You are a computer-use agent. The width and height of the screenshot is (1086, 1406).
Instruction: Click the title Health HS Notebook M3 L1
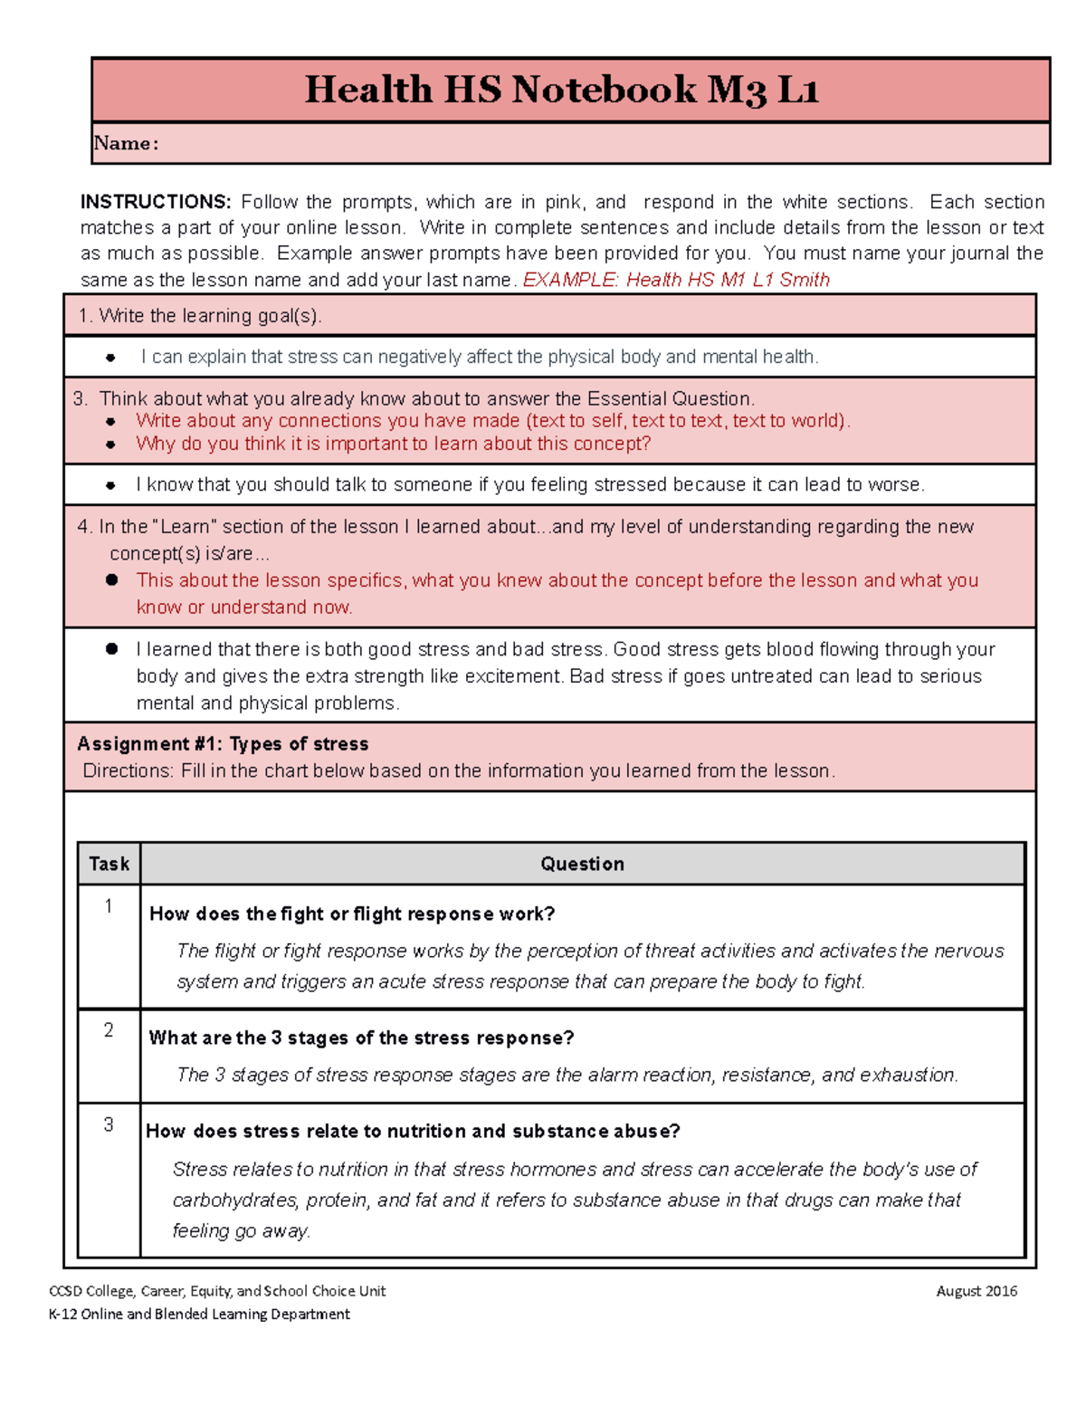[561, 90]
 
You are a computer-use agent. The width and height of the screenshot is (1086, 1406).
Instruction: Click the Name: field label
[126, 143]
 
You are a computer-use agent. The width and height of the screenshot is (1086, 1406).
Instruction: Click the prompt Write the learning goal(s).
[200, 316]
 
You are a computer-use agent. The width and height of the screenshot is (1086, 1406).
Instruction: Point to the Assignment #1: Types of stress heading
[223, 744]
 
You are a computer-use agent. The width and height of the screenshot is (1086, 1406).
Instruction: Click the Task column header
[109, 864]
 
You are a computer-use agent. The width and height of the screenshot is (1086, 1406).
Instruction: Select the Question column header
[582, 864]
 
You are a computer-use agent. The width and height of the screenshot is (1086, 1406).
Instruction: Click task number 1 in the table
[109, 906]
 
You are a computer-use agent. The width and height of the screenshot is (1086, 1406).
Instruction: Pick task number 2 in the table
[109, 1030]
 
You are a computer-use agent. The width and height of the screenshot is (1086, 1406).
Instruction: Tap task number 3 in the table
[109, 1124]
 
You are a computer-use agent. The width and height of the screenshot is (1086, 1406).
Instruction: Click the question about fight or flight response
[352, 914]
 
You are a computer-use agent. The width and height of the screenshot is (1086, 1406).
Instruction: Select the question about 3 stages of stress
[361, 1038]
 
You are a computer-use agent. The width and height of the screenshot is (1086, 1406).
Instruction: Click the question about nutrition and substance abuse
[413, 1132]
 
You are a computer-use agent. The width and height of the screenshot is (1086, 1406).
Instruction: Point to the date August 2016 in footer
[976, 1291]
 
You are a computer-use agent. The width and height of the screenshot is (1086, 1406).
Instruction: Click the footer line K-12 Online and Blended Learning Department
[199, 1315]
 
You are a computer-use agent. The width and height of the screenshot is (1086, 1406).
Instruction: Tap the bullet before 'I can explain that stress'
[110, 358]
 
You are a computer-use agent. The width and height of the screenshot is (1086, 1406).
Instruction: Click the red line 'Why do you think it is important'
[393, 445]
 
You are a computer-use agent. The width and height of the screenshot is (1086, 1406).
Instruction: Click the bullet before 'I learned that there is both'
[111, 649]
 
